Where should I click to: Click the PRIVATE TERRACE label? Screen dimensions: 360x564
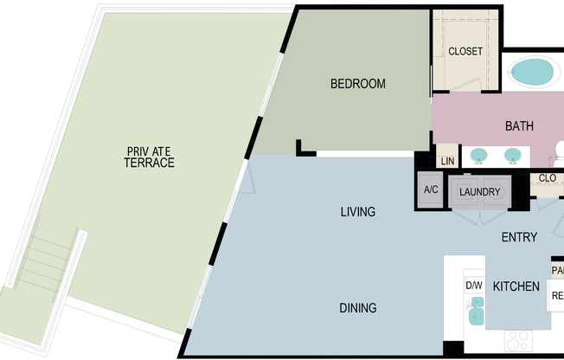(149, 157)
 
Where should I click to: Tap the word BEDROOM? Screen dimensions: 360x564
(357, 84)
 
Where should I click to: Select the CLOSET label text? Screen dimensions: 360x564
(465, 52)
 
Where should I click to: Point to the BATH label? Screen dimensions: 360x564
(519, 126)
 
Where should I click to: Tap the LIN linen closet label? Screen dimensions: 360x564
(447, 162)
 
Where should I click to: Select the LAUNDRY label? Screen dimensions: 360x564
(478, 192)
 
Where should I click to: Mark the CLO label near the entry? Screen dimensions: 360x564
(547, 179)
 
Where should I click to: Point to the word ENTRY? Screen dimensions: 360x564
(519, 237)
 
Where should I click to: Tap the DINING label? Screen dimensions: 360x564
(357, 308)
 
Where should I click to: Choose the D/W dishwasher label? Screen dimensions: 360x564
(473, 286)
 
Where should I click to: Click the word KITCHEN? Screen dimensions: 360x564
(516, 286)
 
